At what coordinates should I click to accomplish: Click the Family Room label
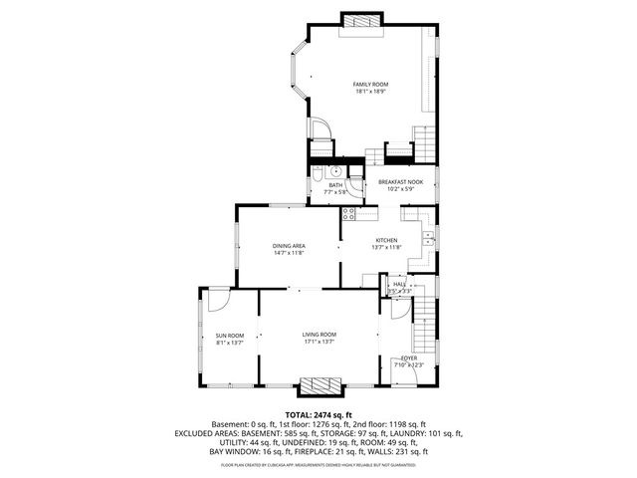click(370, 84)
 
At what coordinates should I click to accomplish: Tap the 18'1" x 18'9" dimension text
click(370, 92)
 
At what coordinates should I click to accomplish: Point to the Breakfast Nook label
click(400, 181)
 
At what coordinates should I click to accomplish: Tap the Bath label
click(335, 184)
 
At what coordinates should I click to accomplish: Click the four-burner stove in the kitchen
click(349, 213)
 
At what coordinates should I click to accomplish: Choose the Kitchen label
click(386, 240)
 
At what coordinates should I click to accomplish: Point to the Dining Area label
click(289, 245)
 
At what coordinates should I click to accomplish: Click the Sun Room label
click(230, 336)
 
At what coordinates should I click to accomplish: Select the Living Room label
click(319, 335)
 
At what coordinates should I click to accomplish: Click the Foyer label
click(409, 358)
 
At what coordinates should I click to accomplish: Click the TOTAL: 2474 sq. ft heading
click(318, 414)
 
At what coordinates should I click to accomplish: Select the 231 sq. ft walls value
click(412, 450)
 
